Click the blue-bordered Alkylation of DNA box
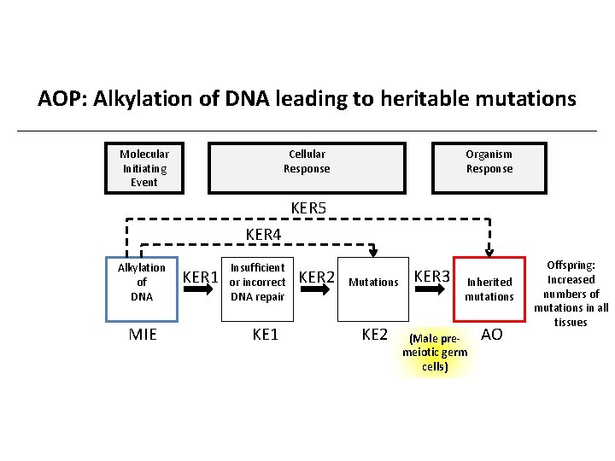coord(142,282)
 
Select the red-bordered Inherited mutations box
coord(489,289)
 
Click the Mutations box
coord(374,282)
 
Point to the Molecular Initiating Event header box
coord(143,167)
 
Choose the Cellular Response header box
coord(307,167)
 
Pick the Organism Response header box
coord(489,167)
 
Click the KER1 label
coord(201,277)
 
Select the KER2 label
coord(317,277)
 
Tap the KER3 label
coord(431,276)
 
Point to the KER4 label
coord(263,234)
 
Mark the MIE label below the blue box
coord(143,334)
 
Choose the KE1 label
coord(266,334)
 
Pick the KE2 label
coord(374,334)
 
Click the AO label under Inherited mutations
coord(492,334)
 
